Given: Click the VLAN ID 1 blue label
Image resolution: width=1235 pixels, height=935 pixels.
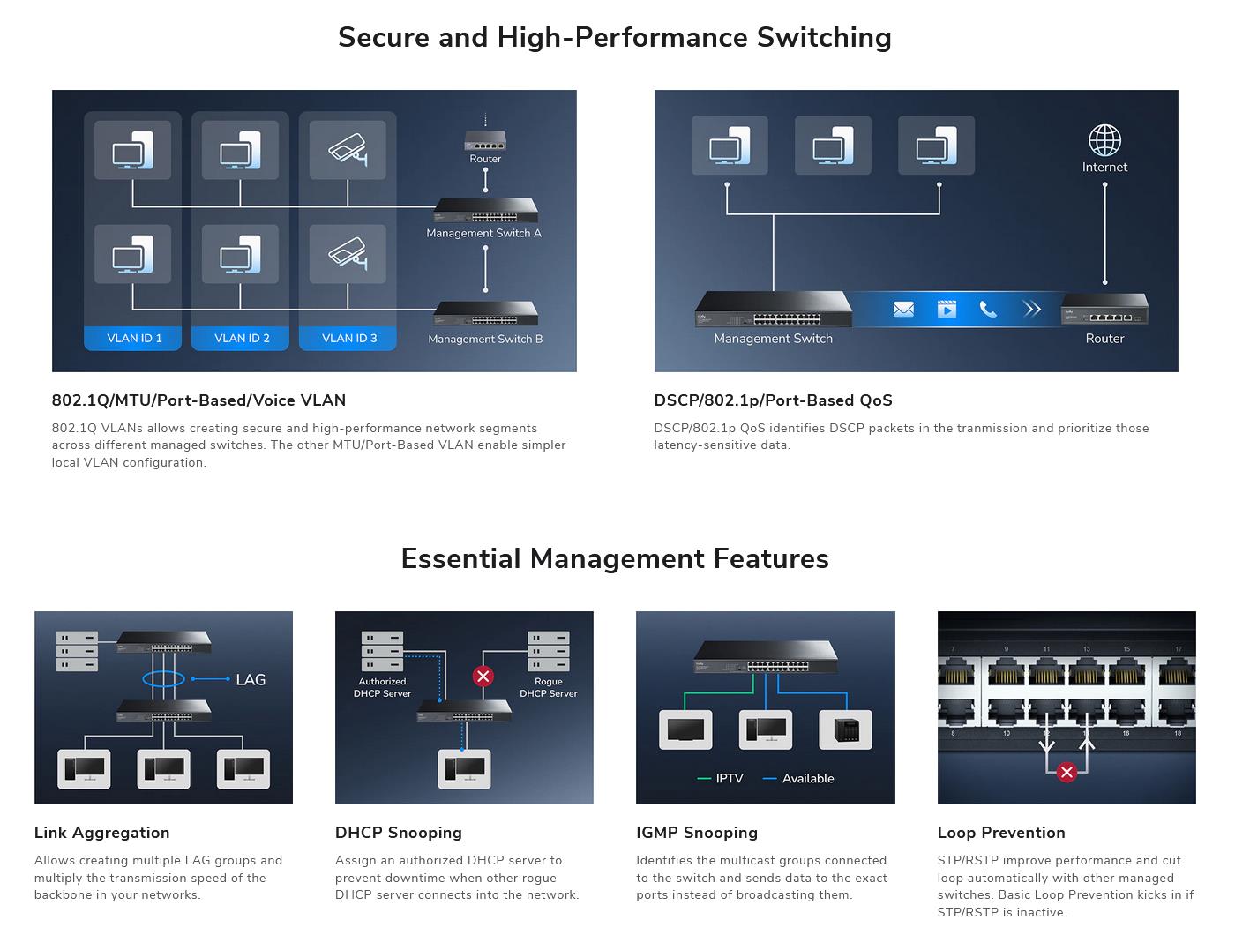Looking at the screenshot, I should click(134, 338).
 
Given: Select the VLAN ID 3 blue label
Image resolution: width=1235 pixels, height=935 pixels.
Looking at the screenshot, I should click(348, 338).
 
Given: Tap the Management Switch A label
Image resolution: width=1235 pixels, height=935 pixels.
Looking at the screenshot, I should click(483, 233).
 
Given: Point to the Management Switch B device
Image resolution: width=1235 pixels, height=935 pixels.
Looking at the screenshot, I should click(485, 314).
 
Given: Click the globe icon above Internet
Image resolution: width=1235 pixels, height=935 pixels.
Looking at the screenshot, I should click(1104, 140).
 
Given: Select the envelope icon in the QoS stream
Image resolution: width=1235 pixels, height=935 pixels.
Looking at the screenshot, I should click(903, 310).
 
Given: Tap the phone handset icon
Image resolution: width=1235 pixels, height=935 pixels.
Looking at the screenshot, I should click(988, 310).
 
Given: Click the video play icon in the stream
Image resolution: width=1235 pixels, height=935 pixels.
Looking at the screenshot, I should click(947, 310).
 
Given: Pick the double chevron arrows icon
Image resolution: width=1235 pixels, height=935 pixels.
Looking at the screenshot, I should click(1031, 310).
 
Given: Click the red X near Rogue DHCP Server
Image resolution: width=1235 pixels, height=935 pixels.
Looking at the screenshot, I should click(483, 677).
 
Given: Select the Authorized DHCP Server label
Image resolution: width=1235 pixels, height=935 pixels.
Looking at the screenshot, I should click(382, 687).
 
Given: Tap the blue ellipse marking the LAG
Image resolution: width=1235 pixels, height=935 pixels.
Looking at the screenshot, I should click(163, 678).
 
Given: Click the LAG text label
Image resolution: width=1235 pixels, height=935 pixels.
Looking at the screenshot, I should click(251, 679).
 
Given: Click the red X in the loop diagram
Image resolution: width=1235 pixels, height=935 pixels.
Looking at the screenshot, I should click(1067, 773).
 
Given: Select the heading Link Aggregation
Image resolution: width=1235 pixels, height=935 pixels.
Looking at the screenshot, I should click(101, 833).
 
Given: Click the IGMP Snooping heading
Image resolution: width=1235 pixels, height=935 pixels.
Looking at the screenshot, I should click(697, 833).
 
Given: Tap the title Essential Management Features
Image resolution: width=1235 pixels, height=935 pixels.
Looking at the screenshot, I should click(615, 558).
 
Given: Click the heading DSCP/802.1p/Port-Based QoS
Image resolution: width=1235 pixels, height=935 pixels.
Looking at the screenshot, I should click(773, 400).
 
